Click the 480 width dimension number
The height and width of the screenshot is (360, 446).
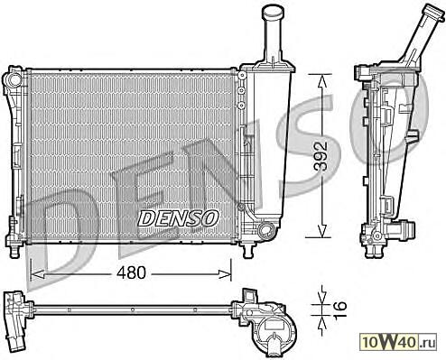pos(131,272)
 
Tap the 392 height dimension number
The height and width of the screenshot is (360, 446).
pos(321,155)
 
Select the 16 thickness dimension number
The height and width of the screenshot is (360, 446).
pos(340,306)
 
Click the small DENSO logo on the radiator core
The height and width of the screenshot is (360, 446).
pos(178,218)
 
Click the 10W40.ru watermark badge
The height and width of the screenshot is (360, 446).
pos(398,341)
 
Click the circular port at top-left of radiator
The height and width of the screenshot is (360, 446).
pos(14,79)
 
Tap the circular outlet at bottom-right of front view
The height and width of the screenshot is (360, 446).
pos(265,230)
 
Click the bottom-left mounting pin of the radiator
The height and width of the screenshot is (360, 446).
pos(14,252)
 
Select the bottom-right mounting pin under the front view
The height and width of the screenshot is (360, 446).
pos(248,252)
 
